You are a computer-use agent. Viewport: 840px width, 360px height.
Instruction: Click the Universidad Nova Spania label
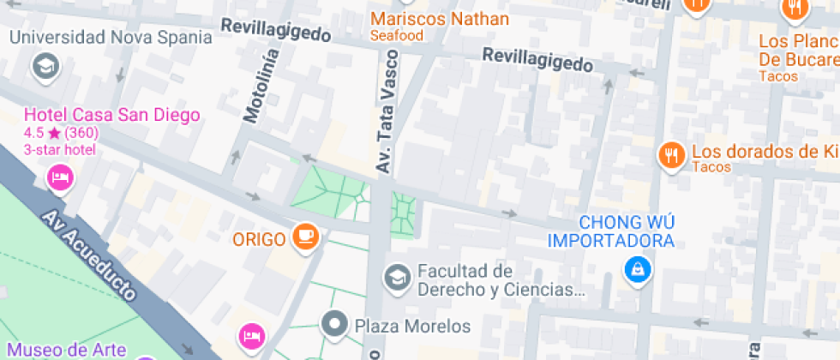(111, 37)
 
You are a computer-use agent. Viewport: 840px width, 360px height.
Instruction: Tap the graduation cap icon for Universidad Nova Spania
(45, 65)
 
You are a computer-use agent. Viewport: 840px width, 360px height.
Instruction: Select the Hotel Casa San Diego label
(111, 115)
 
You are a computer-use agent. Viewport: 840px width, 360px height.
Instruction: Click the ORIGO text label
(258, 239)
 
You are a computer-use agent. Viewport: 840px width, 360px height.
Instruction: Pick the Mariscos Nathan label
(439, 18)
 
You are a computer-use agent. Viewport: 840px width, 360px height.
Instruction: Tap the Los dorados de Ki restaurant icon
(669, 155)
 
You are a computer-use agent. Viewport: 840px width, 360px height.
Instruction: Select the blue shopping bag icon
(638, 271)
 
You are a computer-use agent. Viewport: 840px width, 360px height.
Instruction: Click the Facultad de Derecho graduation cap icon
(396, 276)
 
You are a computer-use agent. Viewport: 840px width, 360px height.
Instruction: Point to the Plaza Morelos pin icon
(334, 325)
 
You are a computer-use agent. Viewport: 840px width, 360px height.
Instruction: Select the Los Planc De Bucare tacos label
(798, 51)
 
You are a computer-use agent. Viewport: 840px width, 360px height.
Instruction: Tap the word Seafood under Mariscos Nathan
(397, 35)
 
